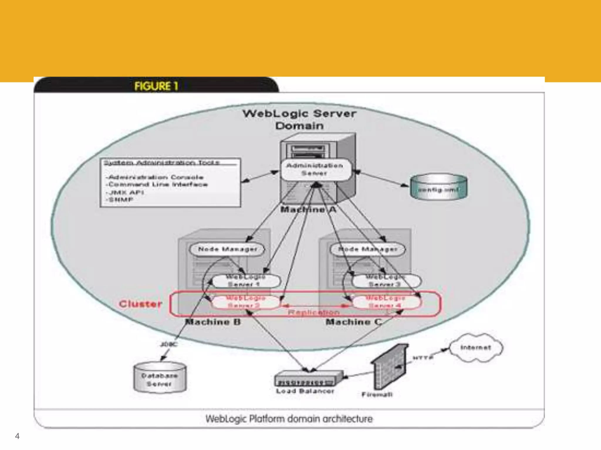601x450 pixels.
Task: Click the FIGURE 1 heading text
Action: click(x=156, y=86)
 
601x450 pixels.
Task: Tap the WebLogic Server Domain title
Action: click(x=300, y=120)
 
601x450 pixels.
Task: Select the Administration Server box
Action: click(x=315, y=169)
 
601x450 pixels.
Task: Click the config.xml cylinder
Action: click(x=438, y=187)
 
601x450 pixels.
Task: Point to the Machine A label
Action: click(x=308, y=209)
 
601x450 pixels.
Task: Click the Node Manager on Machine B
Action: click(x=227, y=249)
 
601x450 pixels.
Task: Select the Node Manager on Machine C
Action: click(x=368, y=249)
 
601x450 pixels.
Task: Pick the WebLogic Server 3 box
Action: click(x=386, y=281)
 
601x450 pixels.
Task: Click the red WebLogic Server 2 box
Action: click(x=245, y=302)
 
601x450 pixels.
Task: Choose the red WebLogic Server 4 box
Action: click(x=386, y=302)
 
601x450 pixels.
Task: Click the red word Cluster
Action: click(x=141, y=304)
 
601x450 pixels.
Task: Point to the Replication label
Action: click(x=313, y=312)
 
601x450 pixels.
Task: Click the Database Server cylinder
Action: click(x=160, y=378)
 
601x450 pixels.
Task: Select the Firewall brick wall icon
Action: click(x=389, y=368)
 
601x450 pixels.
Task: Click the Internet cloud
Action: click(x=475, y=348)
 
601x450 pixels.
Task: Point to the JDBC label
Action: click(x=169, y=344)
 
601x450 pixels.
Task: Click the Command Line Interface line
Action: click(x=158, y=185)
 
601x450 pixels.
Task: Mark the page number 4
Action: click(x=17, y=436)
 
